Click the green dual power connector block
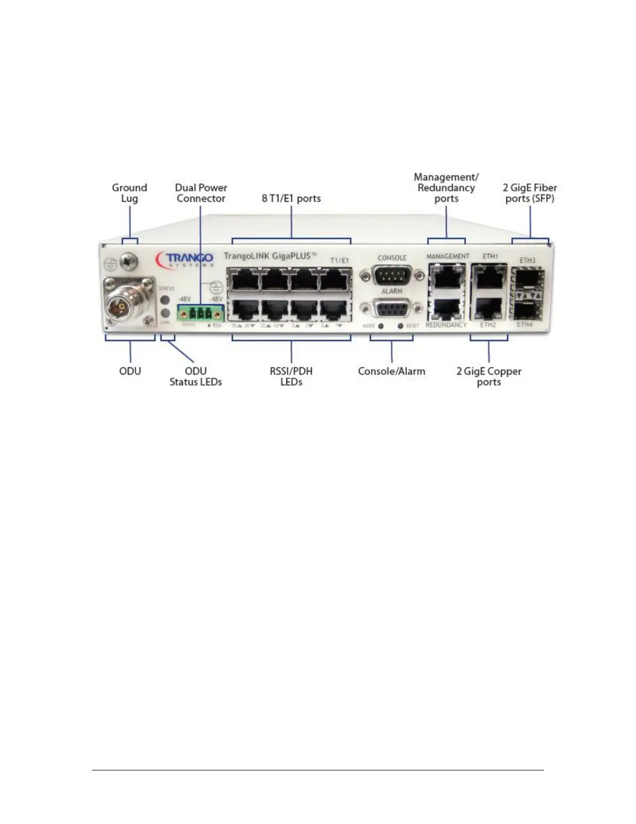(201, 314)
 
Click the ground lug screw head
(128, 262)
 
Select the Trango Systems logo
(186, 259)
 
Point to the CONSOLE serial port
(392, 274)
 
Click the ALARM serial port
(392, 308)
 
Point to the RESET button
(400, 326)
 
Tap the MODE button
(381, 326)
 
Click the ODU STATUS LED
(166, 300)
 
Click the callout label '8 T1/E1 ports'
(291, 198)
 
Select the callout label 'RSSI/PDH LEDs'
(291, 376)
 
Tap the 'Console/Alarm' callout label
(391, 371)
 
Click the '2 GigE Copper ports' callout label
(488, 376)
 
